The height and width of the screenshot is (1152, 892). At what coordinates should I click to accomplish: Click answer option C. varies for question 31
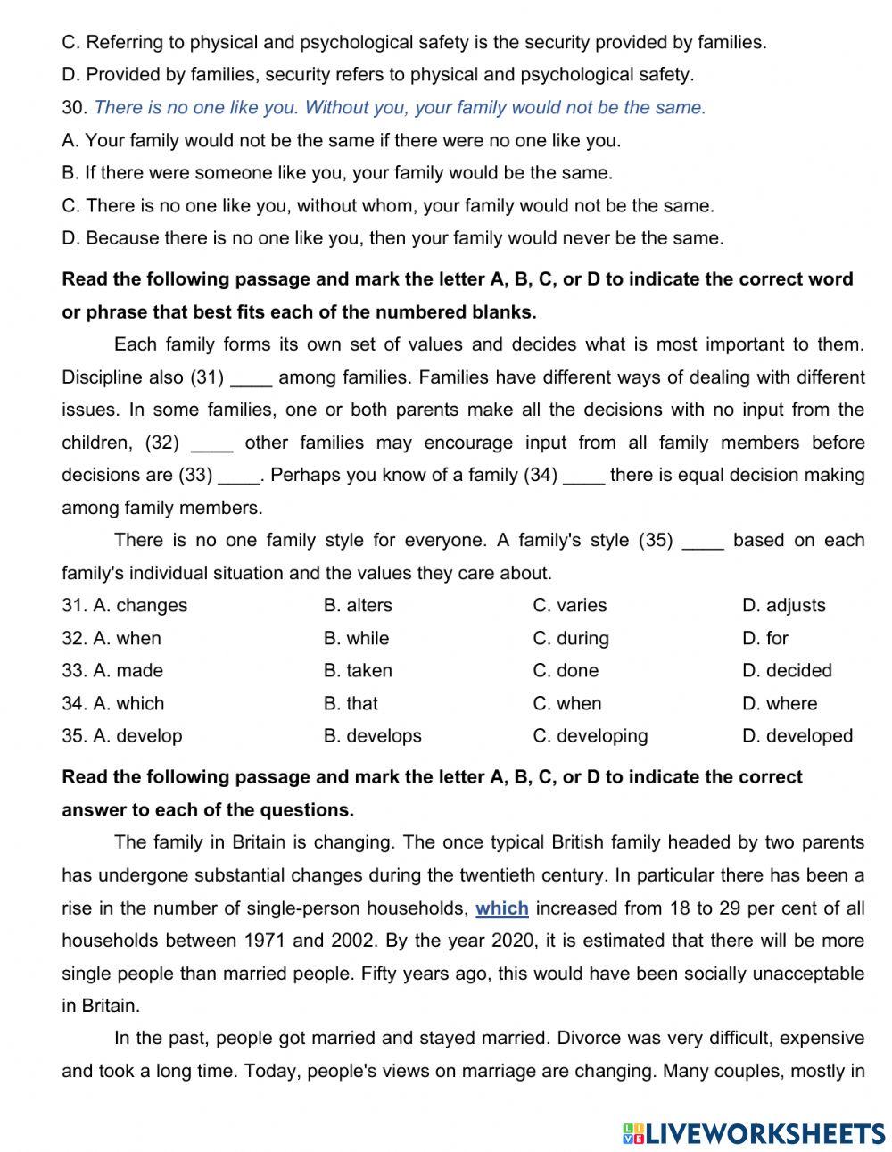pos(569,605)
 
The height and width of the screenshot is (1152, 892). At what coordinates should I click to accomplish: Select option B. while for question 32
pos(356,638)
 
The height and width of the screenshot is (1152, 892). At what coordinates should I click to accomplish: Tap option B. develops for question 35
pos(372,735)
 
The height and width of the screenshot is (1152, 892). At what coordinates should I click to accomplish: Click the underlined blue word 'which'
pos(501,908)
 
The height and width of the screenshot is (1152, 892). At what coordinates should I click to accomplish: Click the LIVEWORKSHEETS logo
pos(754,1133)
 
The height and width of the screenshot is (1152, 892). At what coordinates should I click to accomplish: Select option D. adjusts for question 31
pos(783,605)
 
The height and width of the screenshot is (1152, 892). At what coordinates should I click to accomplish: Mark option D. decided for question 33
pos(786,670)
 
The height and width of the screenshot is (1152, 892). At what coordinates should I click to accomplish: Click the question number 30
pos(73,107)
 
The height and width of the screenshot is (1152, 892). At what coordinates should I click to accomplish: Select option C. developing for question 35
pos(590,735)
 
